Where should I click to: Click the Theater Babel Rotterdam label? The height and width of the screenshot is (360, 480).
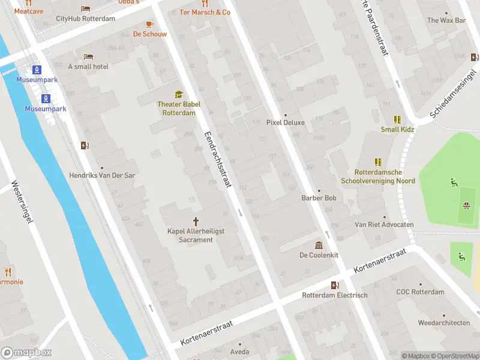click(x=179, y=109)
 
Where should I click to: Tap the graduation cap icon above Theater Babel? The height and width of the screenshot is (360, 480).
click(x=179, y=94)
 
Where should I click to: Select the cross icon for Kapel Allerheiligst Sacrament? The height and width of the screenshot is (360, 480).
click(x=196, y=221)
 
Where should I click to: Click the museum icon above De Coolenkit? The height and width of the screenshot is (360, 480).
click(x=319, y=245)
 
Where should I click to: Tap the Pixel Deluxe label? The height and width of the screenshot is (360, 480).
click(x=286, y=122)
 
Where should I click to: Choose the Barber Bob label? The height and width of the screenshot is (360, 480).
click(x=319, y=198)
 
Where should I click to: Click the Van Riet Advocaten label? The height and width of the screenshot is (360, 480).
click(x=384, y=224)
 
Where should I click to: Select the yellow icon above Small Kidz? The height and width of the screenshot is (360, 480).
click(x=397, y=119)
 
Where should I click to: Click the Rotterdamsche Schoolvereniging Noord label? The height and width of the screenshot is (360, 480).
click(x=377, y=176)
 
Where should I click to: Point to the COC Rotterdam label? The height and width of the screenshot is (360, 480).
click(x=420, y=292)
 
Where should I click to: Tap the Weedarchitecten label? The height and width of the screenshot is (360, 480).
click(x=443, y=322)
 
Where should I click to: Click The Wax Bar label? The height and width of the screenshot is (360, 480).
click(x=446, y=20)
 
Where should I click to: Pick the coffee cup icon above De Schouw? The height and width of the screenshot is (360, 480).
click(x=150, y=24)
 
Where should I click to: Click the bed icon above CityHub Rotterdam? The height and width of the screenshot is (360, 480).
click(x=86, y=8)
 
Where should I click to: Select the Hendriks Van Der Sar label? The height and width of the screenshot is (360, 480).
click(x=101, y=178)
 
